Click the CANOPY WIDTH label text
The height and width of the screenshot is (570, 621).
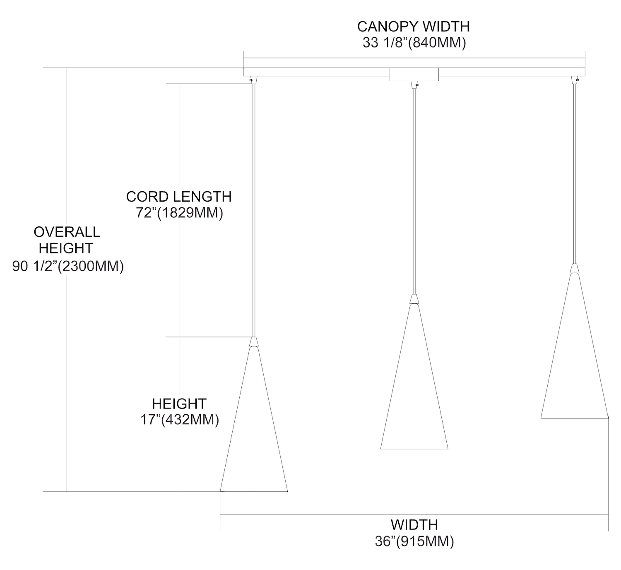coord(413,26)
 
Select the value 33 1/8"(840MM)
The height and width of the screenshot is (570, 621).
coord(414,43)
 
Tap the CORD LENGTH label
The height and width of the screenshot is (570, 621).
coord(179,196)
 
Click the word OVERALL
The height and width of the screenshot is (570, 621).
coord(67,232)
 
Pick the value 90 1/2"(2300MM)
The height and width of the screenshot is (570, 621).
coord(68,267)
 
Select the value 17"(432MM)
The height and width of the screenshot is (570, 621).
coord(180,420)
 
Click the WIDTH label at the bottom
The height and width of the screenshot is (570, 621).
coord(414,525)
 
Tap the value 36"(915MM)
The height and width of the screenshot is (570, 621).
coord(414,541)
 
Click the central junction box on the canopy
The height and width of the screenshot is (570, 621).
coord(414,75)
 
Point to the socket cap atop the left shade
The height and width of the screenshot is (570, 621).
coord(254,341)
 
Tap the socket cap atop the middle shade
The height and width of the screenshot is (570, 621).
coord(414,299)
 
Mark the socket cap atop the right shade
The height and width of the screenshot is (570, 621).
coord(574,268)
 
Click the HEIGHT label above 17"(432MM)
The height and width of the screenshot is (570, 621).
coord(179,403)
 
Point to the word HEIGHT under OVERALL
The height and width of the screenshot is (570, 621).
coord(66,248)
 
